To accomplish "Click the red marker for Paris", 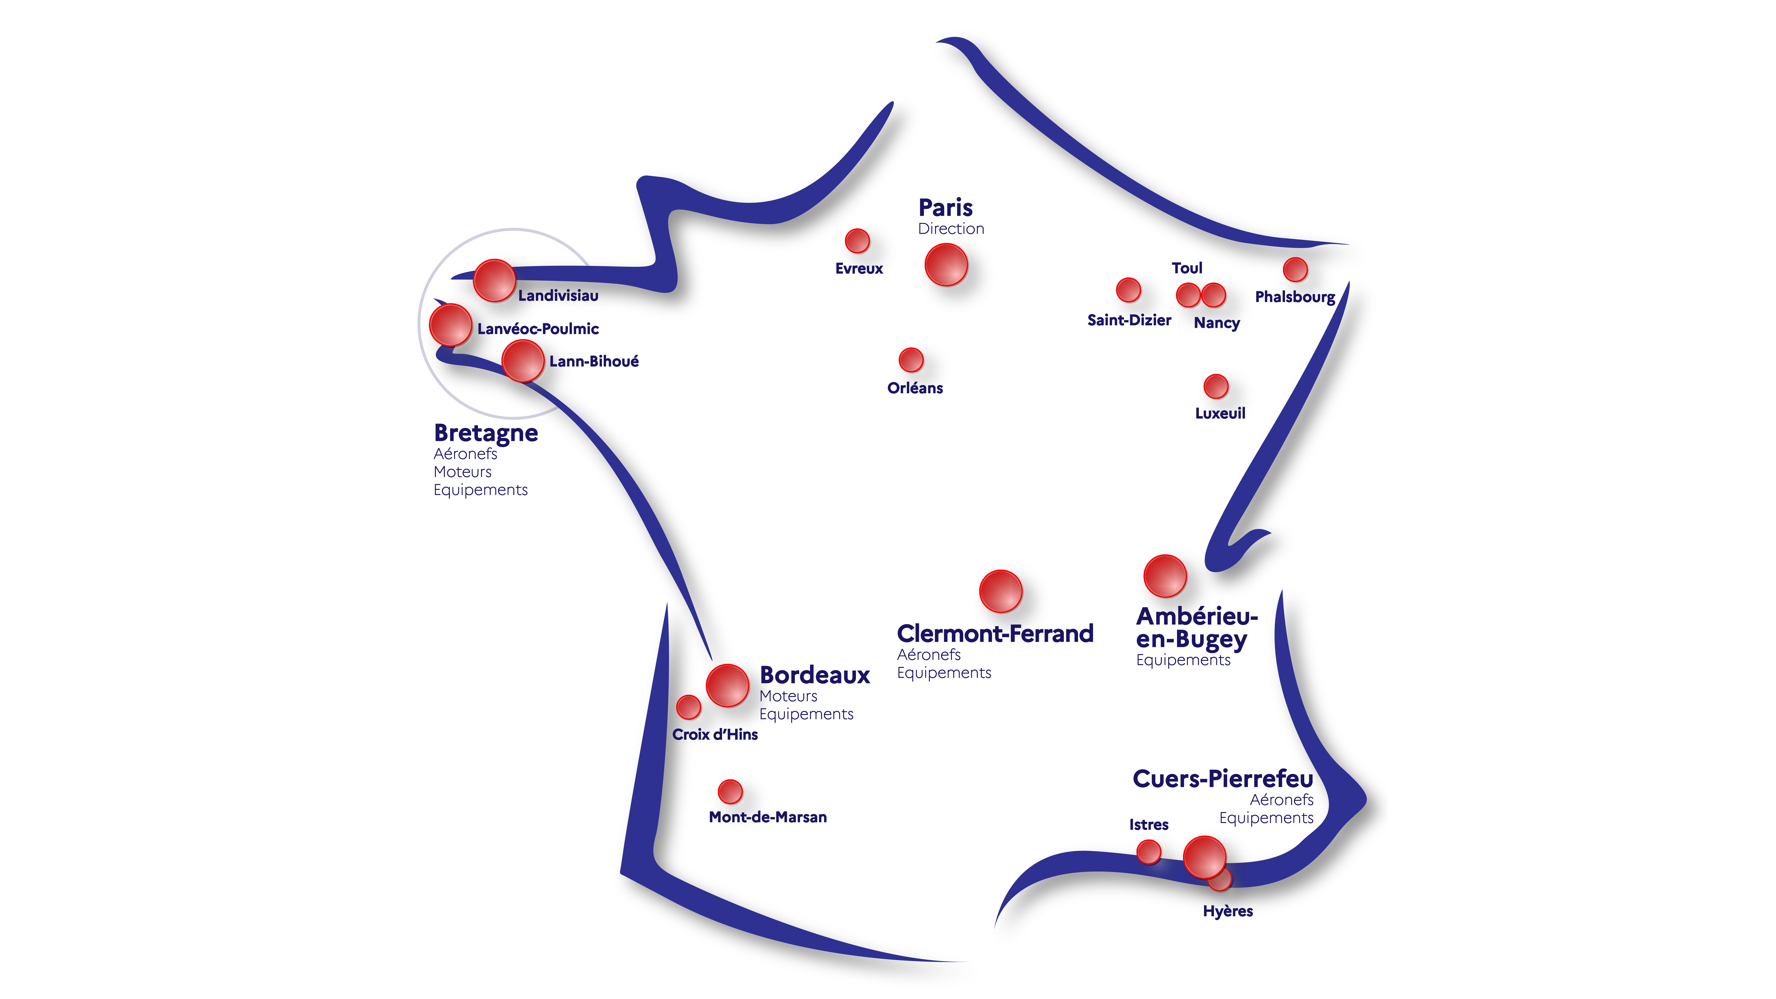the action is pyautogui.click(x=946, y=265).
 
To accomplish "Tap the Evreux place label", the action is pyautogui.click(x=859, y=268).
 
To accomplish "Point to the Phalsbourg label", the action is pyautogui.click(x=1295, y=297).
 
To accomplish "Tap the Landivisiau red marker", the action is pyautogui.click(x=494, y=281).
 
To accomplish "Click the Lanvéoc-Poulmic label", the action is pyautogui.click(x=538, y=329).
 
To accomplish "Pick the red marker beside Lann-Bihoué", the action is pyautogui.click(x=523, y=361).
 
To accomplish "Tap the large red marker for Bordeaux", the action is pyautogui.click(x=727, y=685).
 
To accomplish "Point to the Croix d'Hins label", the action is pyautogui.click(x=715, y=734).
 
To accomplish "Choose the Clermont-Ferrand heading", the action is pyautogui.click(x=995, y=633).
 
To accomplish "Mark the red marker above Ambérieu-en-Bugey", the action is pyautogui.click(x=1165, y=576).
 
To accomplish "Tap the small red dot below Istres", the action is pyautogui.click(x=1149, y=851).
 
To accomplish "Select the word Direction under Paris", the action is pyautogui.click(x=951, y=229).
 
